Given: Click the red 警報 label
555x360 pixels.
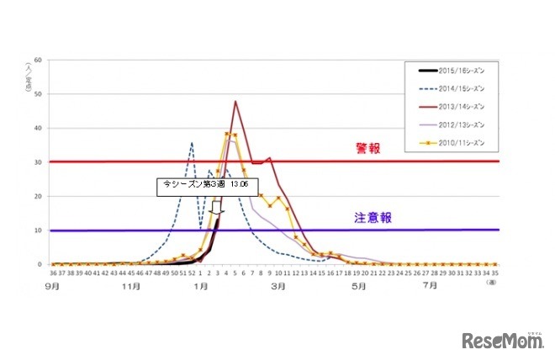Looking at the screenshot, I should coord(367,149).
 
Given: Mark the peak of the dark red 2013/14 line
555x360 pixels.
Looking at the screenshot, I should coord(235,102).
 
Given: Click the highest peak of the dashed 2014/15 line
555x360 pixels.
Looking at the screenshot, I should coord(192,143).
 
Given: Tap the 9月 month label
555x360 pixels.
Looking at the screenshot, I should coord(55,285).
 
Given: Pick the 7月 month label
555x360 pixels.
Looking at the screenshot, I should coord(430,285).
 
